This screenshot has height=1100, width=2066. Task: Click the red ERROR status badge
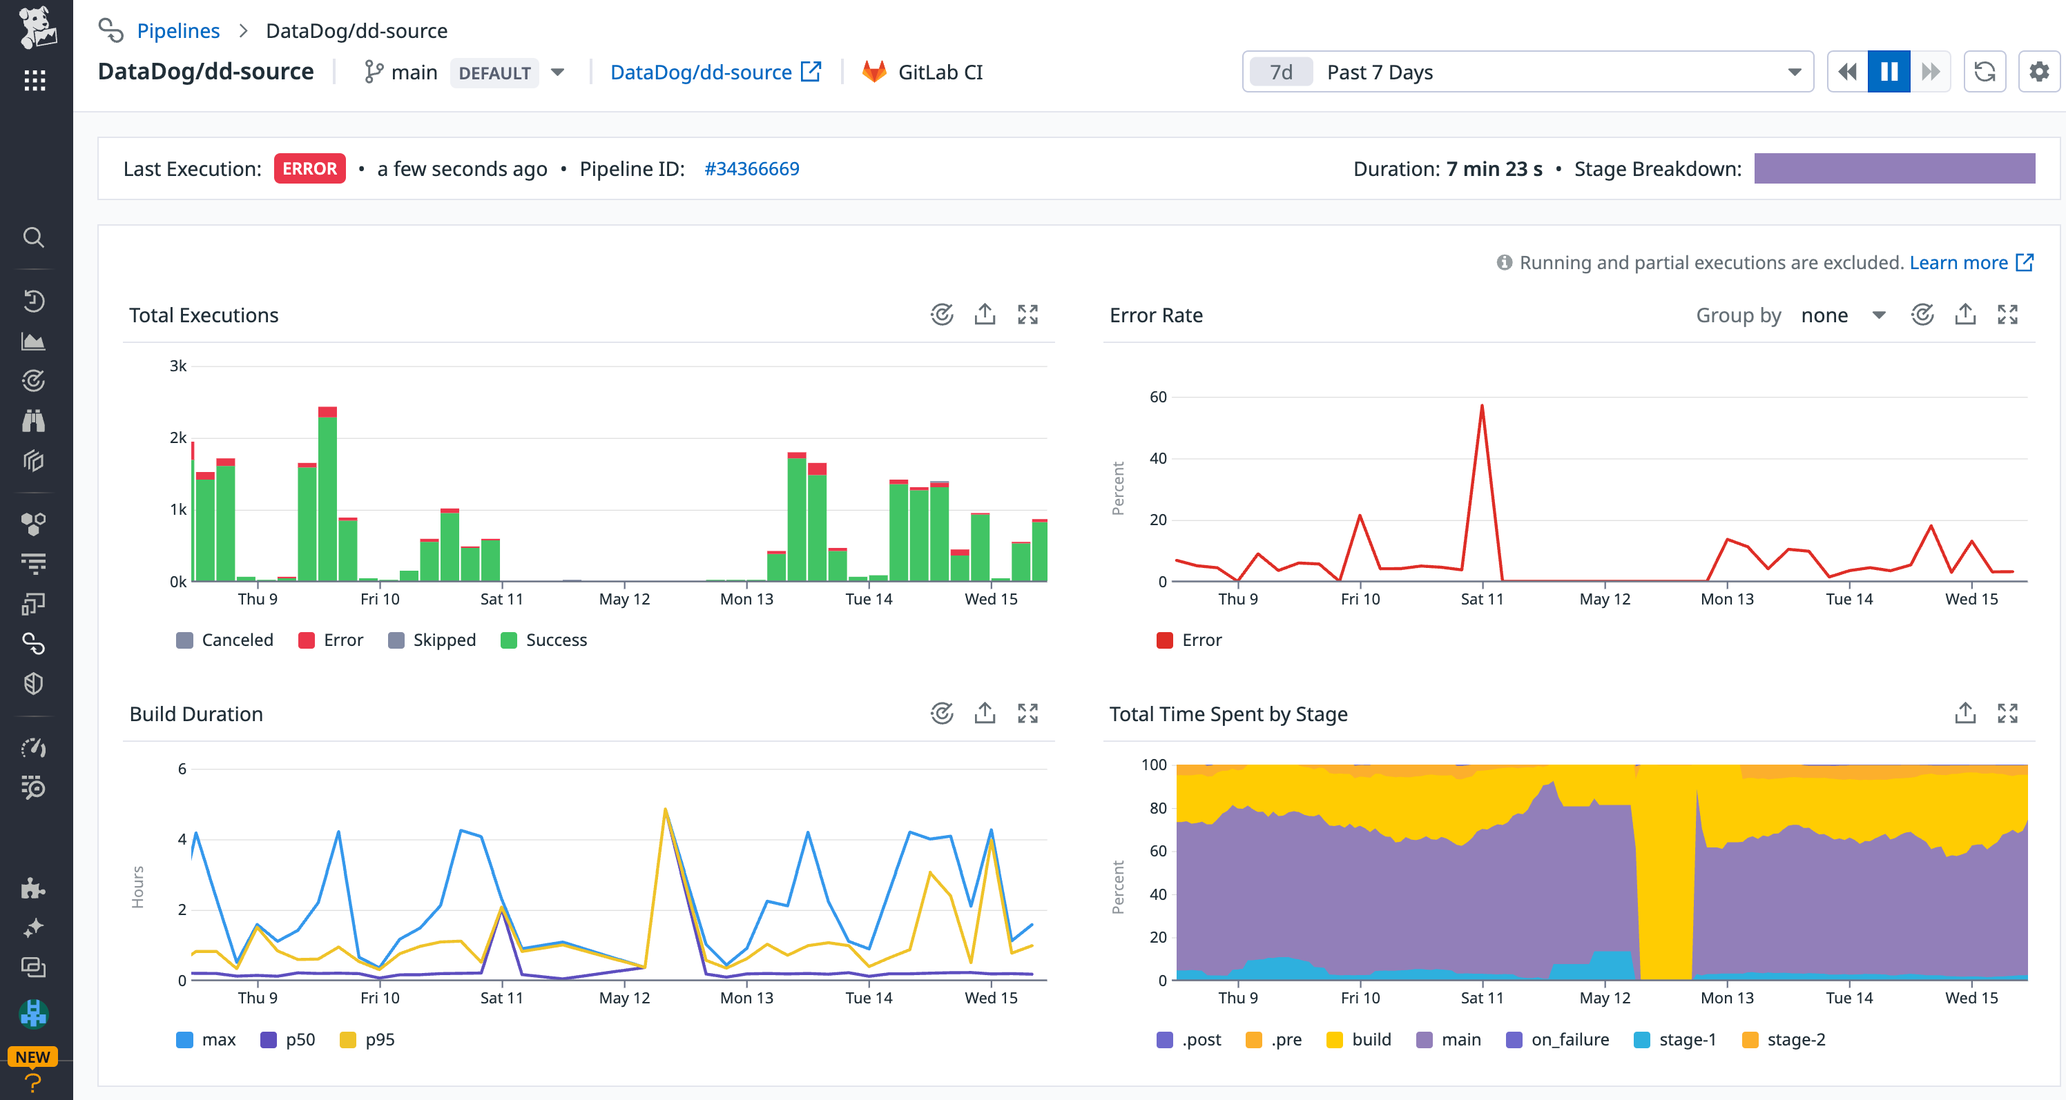[309, 168]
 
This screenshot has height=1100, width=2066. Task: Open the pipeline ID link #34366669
[751, 168]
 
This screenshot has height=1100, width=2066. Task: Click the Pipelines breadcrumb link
[178, 30]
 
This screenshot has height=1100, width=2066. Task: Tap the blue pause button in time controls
[1888, 72]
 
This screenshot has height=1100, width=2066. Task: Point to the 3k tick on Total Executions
[178, 366]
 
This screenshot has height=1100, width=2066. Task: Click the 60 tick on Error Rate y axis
[1157, 397]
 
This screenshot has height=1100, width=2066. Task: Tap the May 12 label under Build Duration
[624, 997]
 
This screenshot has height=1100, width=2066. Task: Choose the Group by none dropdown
[1841, 315]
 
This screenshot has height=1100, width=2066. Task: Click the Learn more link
[1958, 262]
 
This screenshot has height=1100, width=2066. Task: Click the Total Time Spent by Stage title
[1228, 714]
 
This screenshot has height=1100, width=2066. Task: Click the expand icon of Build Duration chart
[1027, 714]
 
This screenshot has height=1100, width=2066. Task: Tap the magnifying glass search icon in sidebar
[34, 237]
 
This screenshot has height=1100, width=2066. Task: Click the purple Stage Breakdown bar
[1893, 168]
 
